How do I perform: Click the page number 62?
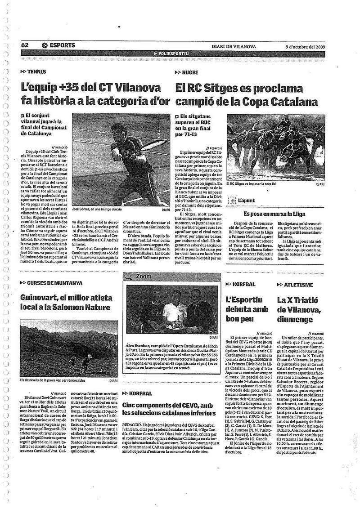[25, 45]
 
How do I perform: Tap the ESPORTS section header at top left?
[58, 45]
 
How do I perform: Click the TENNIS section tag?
[36, 71]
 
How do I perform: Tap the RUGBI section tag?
[190, 71]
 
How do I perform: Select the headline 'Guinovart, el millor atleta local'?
[65, 302]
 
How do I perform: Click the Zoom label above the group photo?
[143, 276]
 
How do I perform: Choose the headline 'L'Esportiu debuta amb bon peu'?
[247, 309]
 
